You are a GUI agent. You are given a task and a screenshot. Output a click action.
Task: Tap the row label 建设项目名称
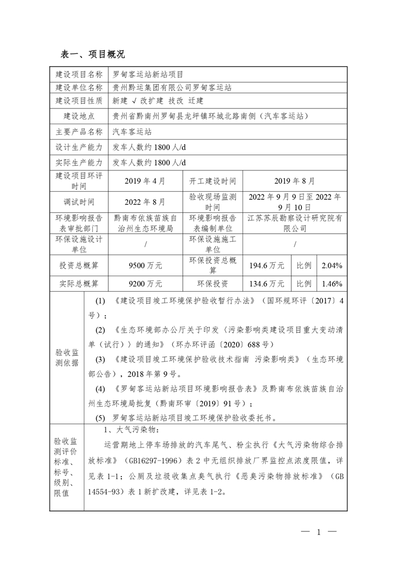tap(79, 74)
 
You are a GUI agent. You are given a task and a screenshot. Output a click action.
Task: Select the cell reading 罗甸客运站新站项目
tap(148, 74)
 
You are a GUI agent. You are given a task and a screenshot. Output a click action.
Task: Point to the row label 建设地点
tap(79, 114)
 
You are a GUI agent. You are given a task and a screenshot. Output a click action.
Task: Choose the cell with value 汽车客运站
tap(132, 131)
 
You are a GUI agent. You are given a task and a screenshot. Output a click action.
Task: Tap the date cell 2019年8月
tap(295, 181)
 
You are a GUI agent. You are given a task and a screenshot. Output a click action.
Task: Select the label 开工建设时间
tap(212, 181)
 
